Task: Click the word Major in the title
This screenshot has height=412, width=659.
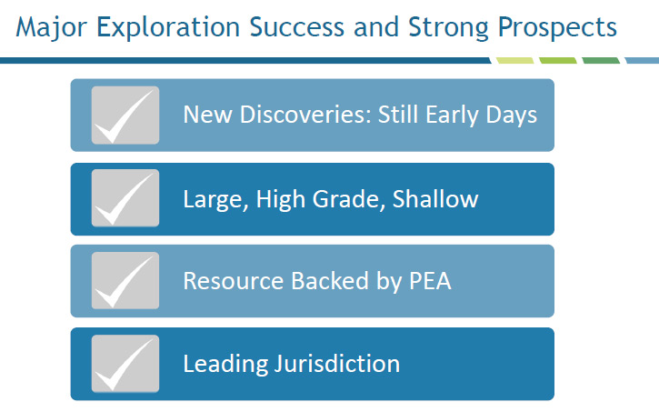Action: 51,28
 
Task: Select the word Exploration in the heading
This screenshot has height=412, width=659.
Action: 168,28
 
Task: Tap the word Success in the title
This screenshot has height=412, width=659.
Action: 296,27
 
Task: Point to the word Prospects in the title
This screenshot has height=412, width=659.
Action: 557,28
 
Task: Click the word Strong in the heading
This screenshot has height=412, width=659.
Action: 448,28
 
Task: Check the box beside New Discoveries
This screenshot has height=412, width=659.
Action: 125,116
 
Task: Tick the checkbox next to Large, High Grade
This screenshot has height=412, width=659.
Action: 125,198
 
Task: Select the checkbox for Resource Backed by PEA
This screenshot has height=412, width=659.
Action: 125,280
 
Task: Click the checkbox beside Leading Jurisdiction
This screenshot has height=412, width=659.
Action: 125,364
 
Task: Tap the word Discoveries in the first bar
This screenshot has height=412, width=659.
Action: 305,115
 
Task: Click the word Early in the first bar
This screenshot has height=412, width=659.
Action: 452,115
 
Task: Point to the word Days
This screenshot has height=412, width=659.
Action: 512,115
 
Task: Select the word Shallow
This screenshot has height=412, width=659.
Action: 435,198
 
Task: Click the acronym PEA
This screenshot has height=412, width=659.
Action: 430,281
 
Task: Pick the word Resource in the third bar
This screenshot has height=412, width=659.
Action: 234,281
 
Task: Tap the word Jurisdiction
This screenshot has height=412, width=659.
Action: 337,363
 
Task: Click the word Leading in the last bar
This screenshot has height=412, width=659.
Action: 225,364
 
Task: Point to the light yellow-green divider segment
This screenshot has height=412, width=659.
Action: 514,61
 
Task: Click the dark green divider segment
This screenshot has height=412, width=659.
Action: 601,61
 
